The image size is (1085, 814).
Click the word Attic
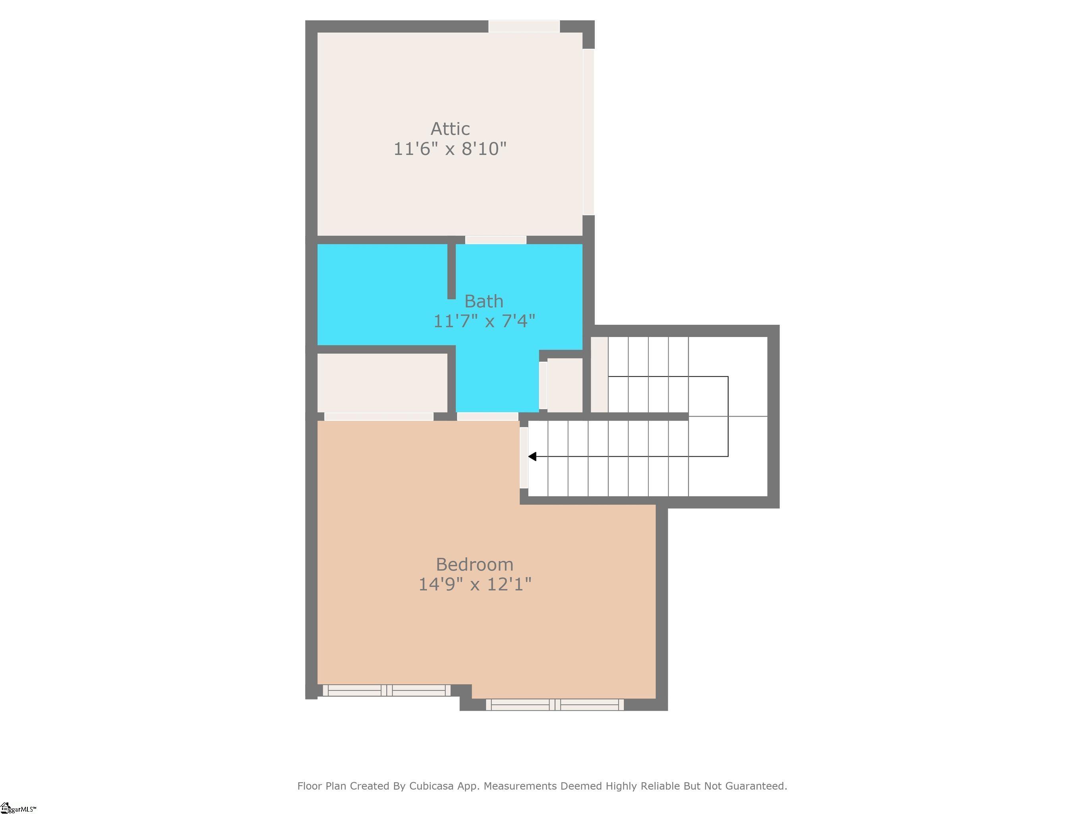pos(450,128)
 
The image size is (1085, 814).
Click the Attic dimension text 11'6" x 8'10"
pos(450,149)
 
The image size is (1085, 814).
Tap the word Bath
pos(484,301)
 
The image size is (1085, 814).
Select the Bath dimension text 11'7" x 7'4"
pos(484,321)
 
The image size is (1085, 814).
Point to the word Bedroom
pos(474,564)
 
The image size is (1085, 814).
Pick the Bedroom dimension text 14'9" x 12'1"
pos(474,584)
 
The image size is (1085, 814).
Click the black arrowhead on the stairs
pos(532,456)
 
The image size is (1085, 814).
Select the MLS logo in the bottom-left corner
pos(18,808)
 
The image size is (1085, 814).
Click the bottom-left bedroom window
pos(387,690)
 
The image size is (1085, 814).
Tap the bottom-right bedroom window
pos(555,705)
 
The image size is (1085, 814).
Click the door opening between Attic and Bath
pos(495,240)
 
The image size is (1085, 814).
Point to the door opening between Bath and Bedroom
pos(487,417)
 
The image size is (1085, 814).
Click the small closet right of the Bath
pos(565,386)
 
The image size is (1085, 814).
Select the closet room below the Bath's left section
pos(383,383)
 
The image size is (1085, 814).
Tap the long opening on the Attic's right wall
pos(589,132)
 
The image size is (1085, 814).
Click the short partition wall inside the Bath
pos(451,271)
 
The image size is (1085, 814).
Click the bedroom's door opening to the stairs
pos(524,458)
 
